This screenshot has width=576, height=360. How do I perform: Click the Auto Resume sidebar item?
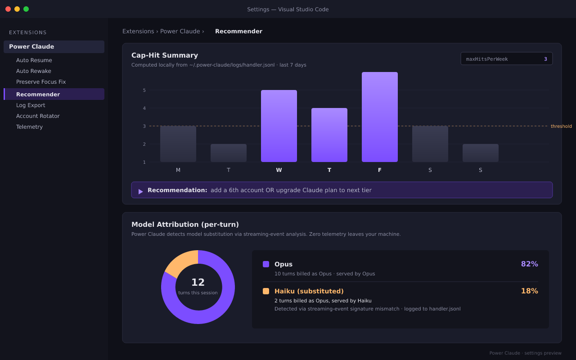(x=34, y=60)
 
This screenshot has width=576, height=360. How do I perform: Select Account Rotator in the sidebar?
(x=38, y=116)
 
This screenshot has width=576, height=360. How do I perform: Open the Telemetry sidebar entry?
(x=29, y=127)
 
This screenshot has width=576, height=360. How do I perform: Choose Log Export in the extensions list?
(x=31, y=105)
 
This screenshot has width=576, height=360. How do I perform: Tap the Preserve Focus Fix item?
(x=41, y=82)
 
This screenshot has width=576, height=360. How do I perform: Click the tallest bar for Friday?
(x=379, y=117)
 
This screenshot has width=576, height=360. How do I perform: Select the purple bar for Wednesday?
(x=279, y=126)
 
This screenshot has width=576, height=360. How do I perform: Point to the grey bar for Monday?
(x=178, y=144)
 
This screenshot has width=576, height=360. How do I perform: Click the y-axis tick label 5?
(x=144, y=90)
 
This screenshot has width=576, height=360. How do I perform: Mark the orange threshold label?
(x=561, y=126)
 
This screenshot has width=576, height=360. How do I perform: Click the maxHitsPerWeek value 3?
(x=545, y=59)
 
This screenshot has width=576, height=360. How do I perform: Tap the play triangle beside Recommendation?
(x=140, y=192)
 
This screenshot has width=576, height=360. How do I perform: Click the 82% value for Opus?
(x=530, y=264)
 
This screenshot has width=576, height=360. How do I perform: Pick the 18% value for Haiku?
(x=530, y=291)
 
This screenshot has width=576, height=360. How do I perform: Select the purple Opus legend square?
(x=266, y=264)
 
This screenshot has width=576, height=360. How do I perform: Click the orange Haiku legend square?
(x=266, y=291)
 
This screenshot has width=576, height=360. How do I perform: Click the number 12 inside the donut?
(x=198, y=282)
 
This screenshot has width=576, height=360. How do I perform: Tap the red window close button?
(x=8, y=9)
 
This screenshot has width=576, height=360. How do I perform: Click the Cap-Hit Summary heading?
(x=165, y=55)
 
